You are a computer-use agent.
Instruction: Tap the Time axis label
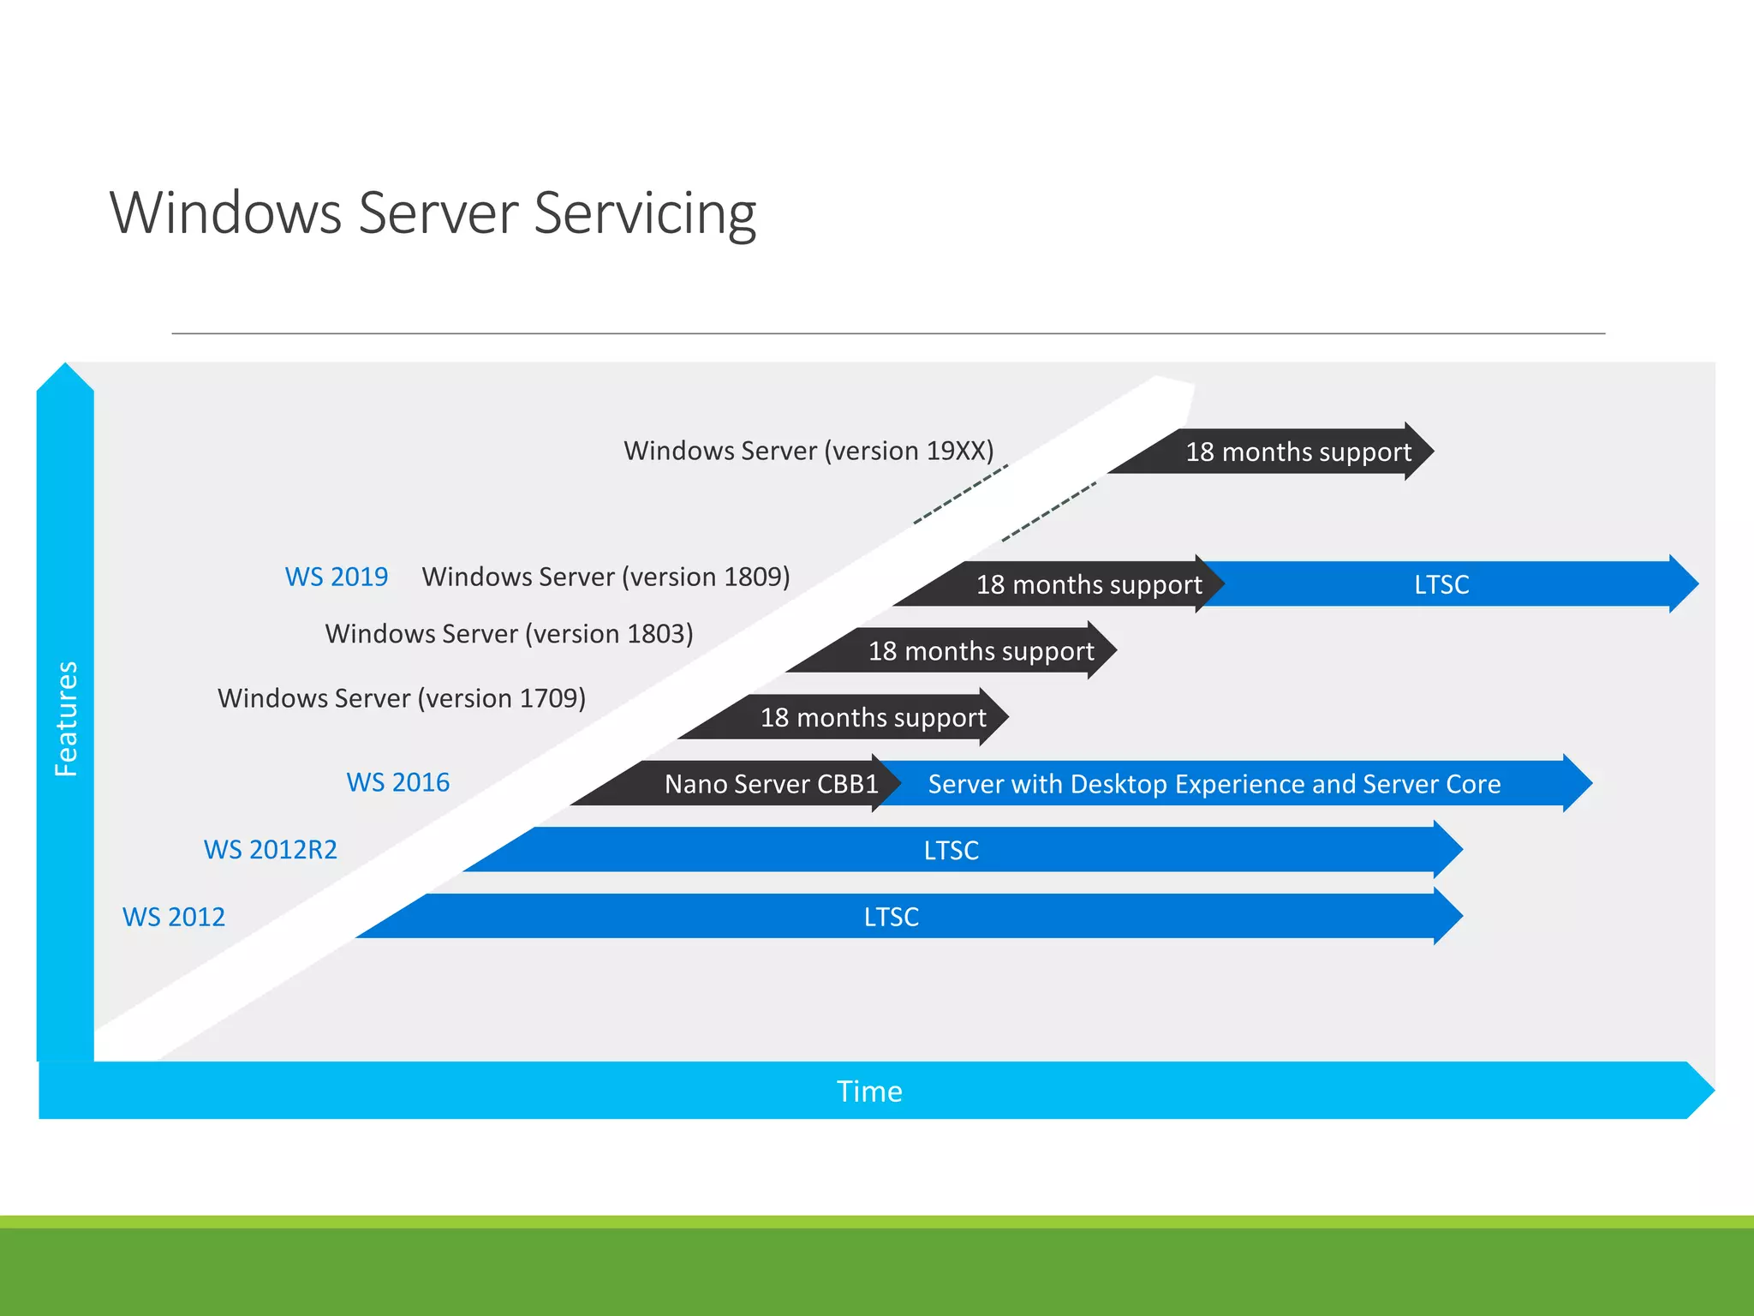coord(868,1091)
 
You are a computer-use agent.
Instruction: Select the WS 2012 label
coord(174,917)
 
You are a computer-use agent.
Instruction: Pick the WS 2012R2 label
coord(270,849)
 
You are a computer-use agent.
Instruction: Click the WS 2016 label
coord(397,782)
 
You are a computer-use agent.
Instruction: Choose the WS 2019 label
coord(336,577)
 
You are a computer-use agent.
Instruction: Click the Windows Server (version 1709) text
coord(402,698)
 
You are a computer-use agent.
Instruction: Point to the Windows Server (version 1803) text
coord(509,634)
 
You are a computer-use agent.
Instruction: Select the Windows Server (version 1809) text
coord(606,577)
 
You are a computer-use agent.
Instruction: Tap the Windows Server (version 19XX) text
coord(808,451)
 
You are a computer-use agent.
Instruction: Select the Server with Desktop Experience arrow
coord(1214,783)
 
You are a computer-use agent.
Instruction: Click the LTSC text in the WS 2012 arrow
coord(891,917)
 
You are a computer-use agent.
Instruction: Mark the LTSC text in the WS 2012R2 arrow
coord(951,850)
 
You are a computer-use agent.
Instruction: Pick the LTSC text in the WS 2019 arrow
coord(1441,584)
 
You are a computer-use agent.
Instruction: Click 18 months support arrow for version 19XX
coord(1298,452)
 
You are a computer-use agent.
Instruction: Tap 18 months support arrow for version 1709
coord(873,717)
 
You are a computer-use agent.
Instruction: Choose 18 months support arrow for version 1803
coord(981,651)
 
